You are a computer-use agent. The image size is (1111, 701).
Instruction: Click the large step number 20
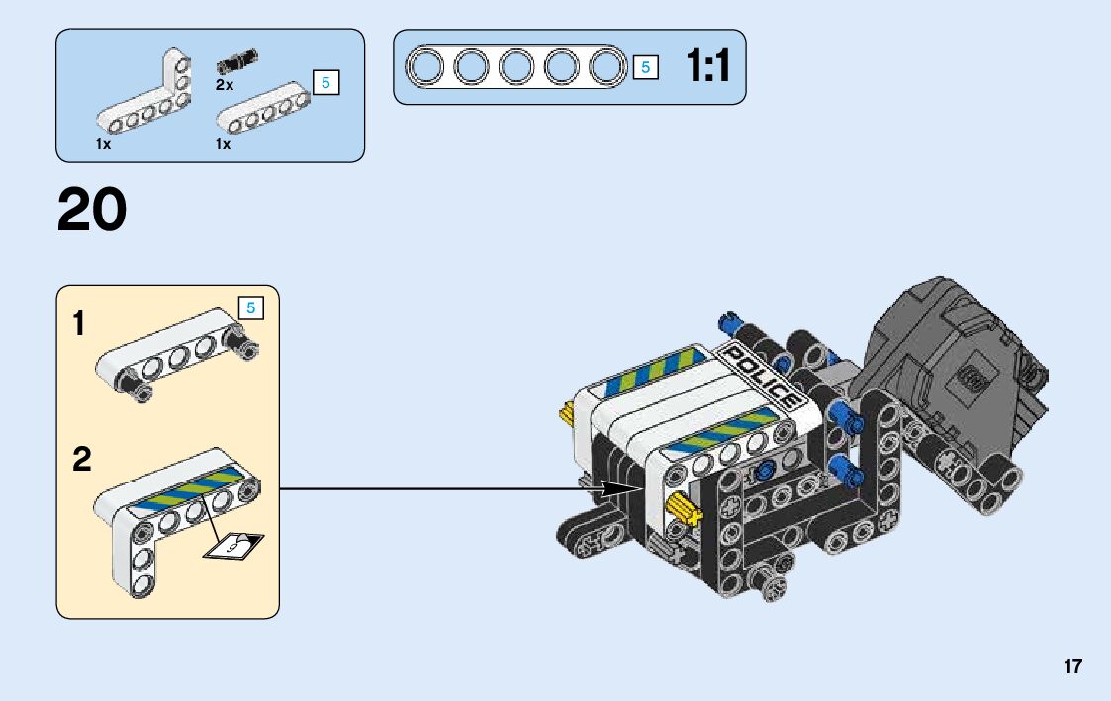[x=92, y=211]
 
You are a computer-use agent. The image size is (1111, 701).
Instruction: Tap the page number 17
[x=1073, y=667]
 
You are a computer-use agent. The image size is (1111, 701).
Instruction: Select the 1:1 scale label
[x=707, y=67]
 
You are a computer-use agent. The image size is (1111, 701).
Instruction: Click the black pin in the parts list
[x=237, y=64]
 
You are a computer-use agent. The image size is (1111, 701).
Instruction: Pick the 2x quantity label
[x=225, y=86]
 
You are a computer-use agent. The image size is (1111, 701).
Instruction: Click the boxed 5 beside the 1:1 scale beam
[x=645, y=68]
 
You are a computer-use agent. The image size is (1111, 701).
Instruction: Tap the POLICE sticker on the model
[x=762, y=377]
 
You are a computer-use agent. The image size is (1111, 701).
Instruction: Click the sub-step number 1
[x=79, y=324]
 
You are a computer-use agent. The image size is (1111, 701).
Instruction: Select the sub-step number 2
[x=82, y=460]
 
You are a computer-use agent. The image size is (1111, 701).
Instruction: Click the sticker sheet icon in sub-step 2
[x=234, y=545]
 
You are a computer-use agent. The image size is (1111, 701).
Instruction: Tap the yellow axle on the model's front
[x=684, y=510]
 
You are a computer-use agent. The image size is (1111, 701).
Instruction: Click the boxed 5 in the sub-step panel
[x=251, y=308]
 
